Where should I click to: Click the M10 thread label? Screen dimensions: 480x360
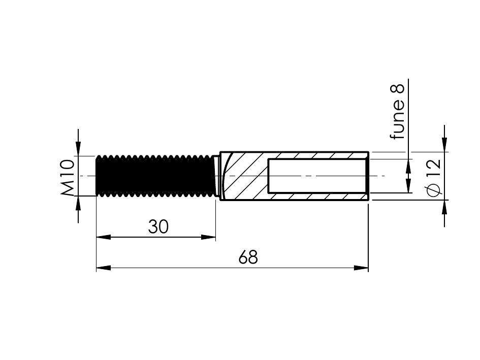68,177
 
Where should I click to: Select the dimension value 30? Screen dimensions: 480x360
158,227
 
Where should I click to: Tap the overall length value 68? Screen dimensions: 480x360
248,257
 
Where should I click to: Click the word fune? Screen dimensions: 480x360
397,118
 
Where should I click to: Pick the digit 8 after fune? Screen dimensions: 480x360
397,89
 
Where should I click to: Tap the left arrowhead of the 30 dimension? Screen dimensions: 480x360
103,237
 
